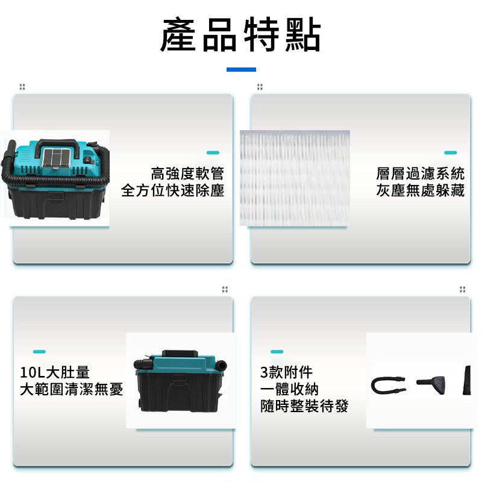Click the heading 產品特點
[240, 35]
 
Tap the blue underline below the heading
[241, 69]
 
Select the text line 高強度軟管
[187, 174]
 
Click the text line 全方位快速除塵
[172, 190]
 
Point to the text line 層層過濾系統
[420, 174]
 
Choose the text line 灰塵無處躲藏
[420, 190]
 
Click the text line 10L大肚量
[55, 372]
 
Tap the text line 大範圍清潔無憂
[71, 389]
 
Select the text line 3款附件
[286, 372]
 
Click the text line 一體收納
[289, 389]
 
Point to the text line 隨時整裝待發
[304, 406]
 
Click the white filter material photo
[295, 178]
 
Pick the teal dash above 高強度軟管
[213, 152]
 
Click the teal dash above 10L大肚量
[39, 351]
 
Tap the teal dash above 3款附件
[277, 351]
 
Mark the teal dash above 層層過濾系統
[450, 152]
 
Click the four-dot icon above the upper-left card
[22, 87]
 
